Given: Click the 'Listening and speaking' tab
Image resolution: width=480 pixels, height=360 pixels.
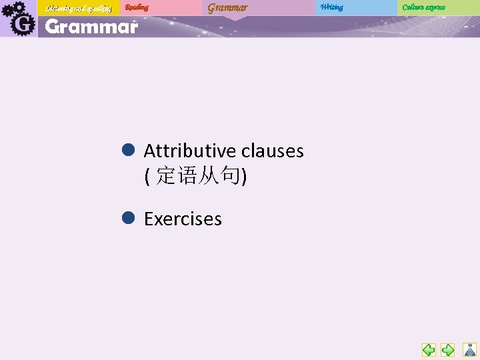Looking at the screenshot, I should point(79,8).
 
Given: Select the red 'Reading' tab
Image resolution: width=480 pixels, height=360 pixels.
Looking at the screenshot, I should point(137,7).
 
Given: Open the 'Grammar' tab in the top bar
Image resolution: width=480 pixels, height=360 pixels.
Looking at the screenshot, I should point(227,8).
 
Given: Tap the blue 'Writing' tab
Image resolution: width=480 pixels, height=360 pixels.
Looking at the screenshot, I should point(331,7).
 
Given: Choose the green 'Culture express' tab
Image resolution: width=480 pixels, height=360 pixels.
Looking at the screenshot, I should point(424,7).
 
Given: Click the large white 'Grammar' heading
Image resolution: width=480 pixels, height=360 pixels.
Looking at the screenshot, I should point(91,27).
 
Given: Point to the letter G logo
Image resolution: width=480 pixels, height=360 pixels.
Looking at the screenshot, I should point(23,24).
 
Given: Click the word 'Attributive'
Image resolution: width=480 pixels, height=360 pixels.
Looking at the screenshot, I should point(190,151).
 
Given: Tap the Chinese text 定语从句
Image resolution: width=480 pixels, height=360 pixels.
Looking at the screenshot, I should point(199,177).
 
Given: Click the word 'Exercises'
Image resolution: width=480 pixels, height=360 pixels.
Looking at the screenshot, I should point(183,219).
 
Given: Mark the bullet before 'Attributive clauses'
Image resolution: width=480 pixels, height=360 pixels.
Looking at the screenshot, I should point(129,150).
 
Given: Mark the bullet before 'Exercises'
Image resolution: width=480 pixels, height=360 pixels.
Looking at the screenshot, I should point(129,217).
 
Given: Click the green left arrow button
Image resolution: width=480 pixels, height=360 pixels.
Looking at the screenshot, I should point(429,349).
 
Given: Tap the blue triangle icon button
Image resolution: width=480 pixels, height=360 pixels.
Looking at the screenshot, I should point(470,349).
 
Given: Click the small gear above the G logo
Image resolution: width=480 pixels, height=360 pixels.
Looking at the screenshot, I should point(18,7).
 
